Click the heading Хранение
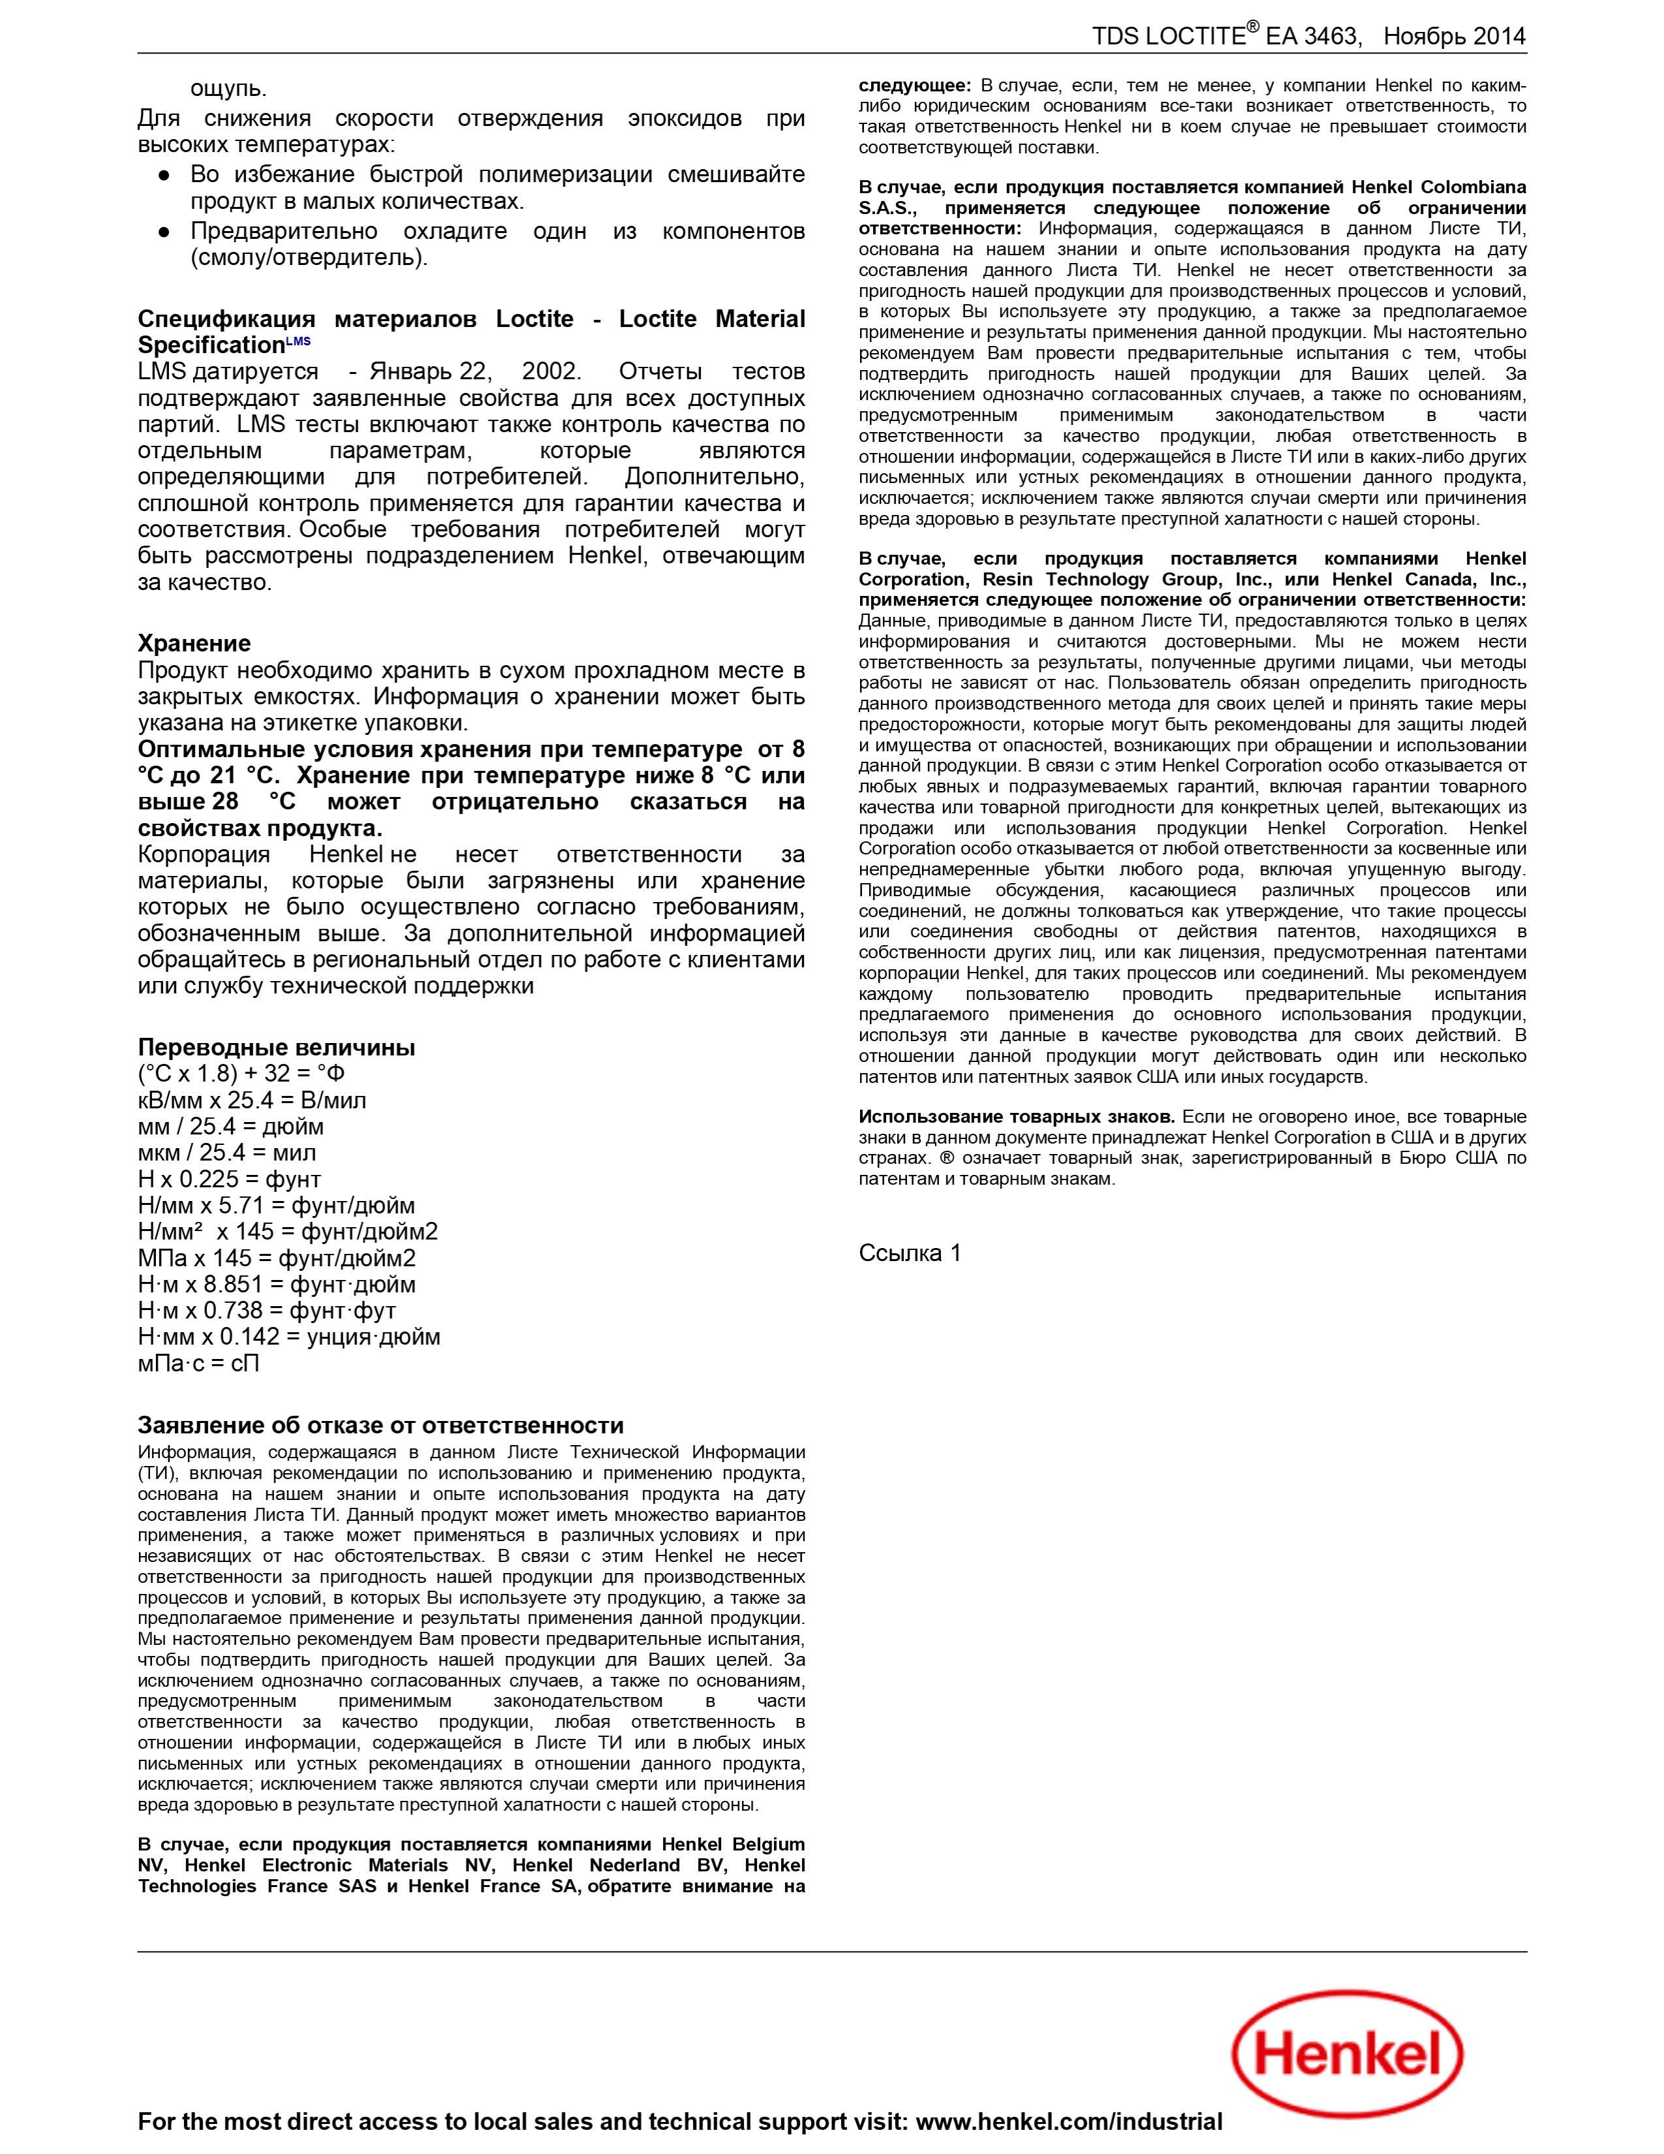point(194,643)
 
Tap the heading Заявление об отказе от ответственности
point(380,1424)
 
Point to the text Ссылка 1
point(909,1253)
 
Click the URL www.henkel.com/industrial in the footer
point(1069,2121)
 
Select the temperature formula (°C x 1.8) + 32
point(241,1073)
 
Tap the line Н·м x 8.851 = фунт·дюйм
point(276,1284)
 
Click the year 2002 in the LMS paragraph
point(550,372)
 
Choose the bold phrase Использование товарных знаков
point(1015,1116)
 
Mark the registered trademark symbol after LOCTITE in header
point(1252,27)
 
